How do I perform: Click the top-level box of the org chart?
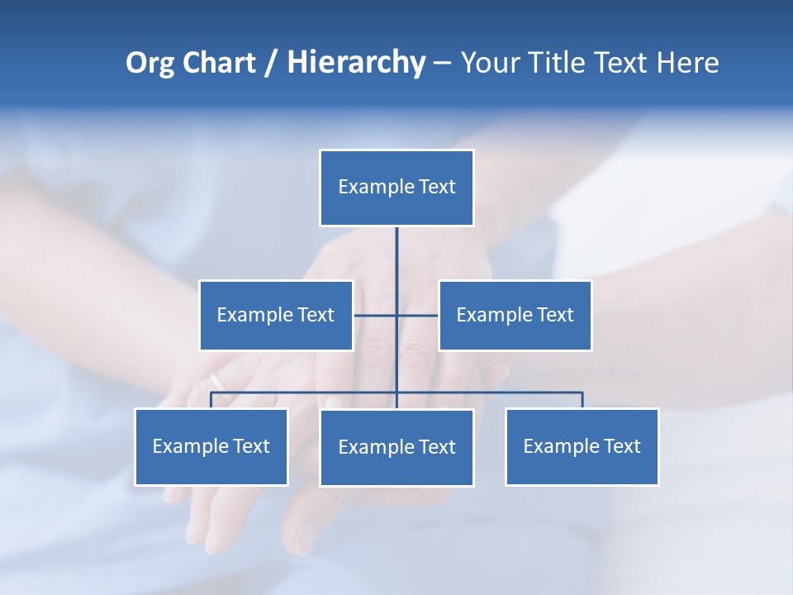(396, 188)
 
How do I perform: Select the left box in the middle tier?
(276, 315)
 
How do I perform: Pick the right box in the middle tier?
(515, 315)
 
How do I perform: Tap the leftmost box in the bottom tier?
(211, 446)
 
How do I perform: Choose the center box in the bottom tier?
(396, 447)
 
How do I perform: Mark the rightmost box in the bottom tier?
(582, 446)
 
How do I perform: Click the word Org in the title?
(150, 63)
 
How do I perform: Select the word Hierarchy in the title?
(356, 63)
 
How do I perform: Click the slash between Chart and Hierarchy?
(271, 63)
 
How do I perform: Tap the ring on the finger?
(216, 381)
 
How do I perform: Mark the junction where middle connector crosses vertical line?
(396, 315)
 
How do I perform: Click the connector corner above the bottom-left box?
(211, 393)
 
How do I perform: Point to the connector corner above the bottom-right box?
(582, 393)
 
